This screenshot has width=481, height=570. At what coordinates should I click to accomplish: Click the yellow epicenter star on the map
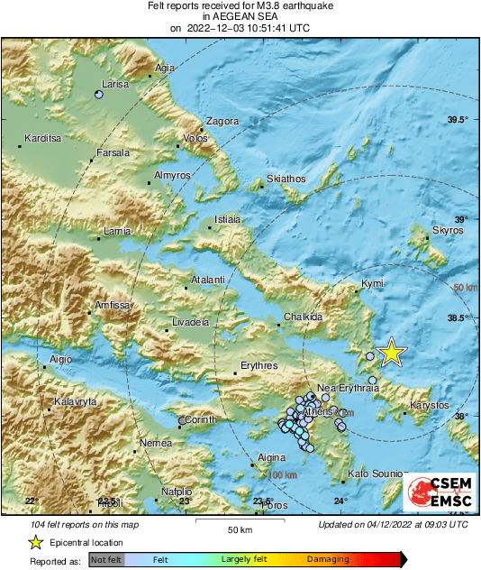[x=390, y=353]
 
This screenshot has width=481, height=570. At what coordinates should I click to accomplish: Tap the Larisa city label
[x=116, y=84]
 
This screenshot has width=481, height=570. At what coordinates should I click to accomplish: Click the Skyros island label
[x=447, y=230]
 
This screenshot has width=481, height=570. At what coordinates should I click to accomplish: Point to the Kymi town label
[x=372, y=284]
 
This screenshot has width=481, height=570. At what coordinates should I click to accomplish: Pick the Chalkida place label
[x=303, y=317]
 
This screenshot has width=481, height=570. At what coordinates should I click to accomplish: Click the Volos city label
[x=195, y=139]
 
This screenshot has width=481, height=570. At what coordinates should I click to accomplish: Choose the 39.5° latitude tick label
[x=458, y=120]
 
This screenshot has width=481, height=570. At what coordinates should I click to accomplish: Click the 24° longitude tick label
[x=340, y=501]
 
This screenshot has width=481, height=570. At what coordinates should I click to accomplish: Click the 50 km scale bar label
[x=239, y=529]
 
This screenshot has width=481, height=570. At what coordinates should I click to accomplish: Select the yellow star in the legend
[x=35, y=542]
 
